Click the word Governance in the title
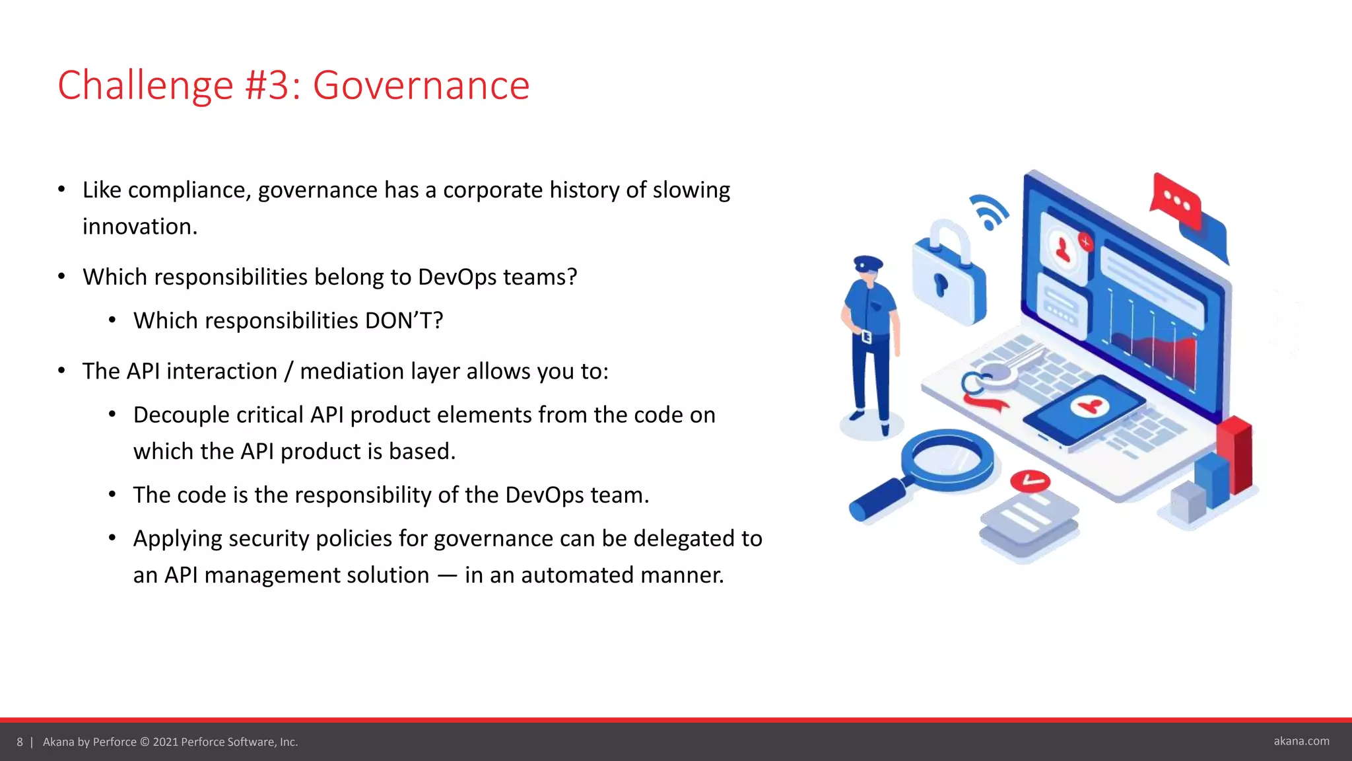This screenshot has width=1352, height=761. coord(421,86)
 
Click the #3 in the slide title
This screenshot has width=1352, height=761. coord(266,86)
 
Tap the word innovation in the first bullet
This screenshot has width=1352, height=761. coord(139,227)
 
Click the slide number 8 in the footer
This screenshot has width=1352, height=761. coord(20,742)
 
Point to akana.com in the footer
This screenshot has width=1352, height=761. coord(1301,741)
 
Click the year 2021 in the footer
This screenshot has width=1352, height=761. coord(165,742)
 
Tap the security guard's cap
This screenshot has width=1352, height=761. coord(867,263)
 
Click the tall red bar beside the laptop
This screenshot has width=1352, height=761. coord(1235,456)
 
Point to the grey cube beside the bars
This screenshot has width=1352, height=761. coord(1188,503)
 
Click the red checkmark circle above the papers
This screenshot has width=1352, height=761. coord(1030,481)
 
